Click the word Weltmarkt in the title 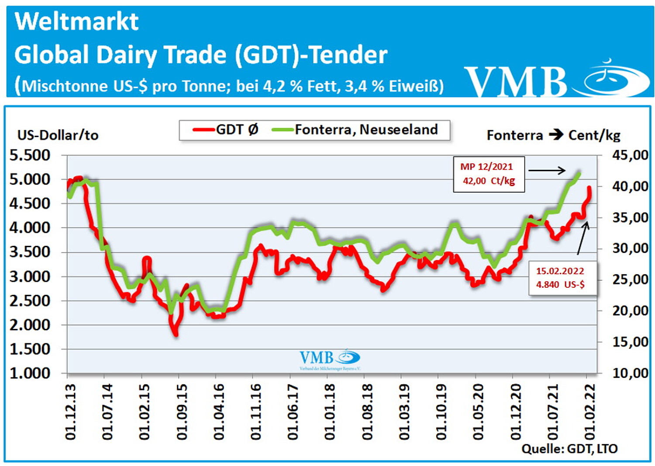pos(76,21)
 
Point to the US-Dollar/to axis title pos(58,135)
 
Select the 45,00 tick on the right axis pos(630,155)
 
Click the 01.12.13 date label pos(70,412)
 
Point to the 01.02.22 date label pos(589,412)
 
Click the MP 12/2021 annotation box pos(489,174)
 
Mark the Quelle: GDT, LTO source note pos(569,449)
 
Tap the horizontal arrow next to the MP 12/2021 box pos(547,170)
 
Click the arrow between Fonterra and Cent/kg pos(555,135)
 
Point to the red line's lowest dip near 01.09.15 pos(176,334)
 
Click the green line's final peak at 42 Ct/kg pos(579,173)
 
